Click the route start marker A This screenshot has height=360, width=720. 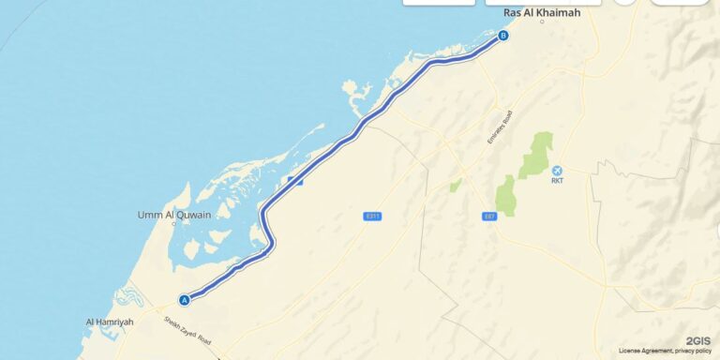185,300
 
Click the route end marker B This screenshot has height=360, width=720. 503,37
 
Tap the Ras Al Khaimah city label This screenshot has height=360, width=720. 542,12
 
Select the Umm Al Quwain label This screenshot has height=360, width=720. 174,215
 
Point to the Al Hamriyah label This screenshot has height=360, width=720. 110,322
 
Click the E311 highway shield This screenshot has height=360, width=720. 372,217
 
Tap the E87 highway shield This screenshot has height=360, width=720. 488,217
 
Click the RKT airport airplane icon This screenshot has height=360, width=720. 558,170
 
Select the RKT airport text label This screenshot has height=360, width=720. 558,182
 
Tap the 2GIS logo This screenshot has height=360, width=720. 697,340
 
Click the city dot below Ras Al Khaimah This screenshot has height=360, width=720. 542,22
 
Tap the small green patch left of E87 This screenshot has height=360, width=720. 456,186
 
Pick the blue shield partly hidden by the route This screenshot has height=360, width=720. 295,180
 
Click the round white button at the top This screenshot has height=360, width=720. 623,2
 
